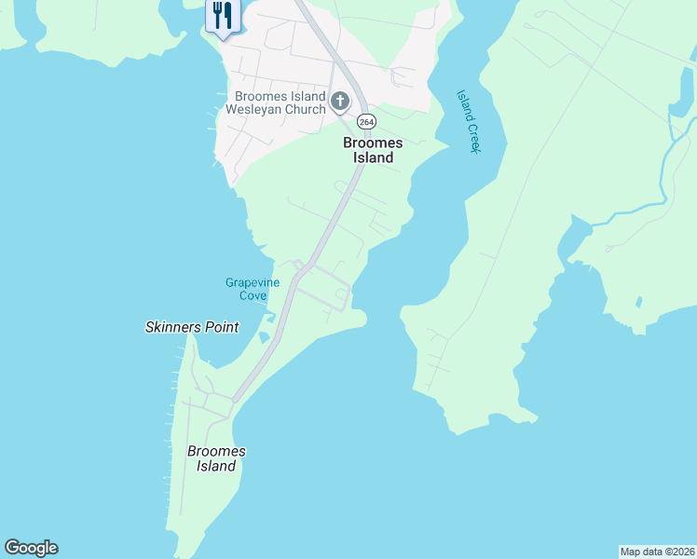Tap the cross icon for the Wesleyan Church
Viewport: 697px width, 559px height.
340,101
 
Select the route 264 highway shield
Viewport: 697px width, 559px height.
366,122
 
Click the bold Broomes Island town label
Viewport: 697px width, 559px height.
373,150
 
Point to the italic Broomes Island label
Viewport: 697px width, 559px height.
216,458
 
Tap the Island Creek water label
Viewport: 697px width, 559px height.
468,121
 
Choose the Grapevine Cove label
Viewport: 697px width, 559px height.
253,289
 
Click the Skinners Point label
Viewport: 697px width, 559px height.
192,327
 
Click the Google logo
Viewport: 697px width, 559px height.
31,548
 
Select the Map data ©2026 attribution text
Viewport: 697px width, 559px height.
657,551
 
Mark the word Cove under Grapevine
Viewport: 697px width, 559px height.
253,295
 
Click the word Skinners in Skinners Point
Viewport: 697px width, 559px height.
174,327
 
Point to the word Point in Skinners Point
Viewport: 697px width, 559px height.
222,327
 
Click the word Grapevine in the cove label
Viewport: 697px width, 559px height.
253,282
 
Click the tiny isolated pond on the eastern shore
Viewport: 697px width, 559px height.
639,301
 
